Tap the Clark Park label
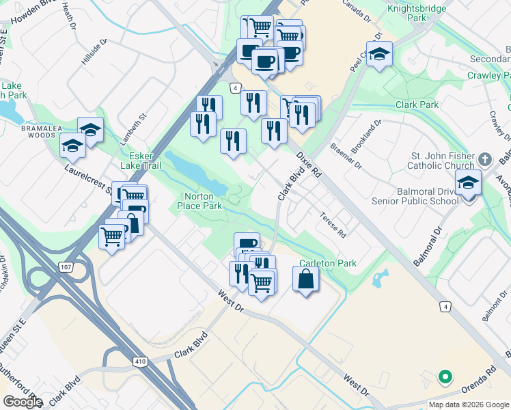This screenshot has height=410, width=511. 417,105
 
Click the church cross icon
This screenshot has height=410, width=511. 485,159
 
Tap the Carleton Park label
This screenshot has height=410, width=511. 328,263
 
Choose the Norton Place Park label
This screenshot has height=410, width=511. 200,201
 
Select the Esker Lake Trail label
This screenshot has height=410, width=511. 141,161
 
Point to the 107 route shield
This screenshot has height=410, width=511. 64,266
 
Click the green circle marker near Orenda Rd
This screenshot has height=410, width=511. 445,376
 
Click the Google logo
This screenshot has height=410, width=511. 23,401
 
